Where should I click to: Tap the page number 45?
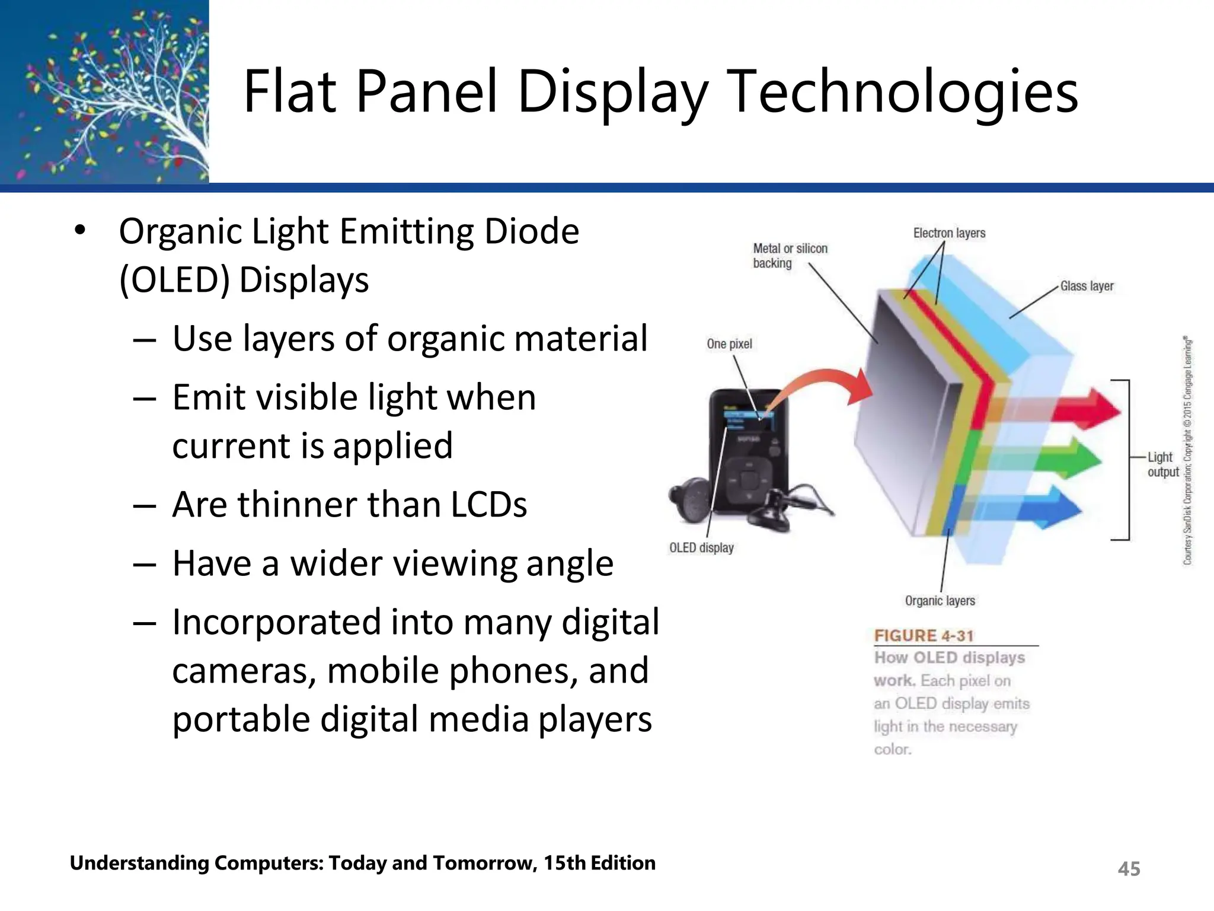[x=1129, y=869]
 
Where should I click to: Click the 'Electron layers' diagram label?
[x=949, y=233]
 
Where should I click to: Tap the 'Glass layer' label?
[x=1087, y=286]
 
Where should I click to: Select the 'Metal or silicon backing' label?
[x=790, y=256]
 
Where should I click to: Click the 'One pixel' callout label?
[x=729, y=344]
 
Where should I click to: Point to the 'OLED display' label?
[x=701, y=548]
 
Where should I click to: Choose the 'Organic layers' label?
[x=940, y=601]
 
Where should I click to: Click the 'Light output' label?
[x=1162, y=464]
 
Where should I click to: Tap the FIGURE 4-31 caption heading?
[x=924, y=636]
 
